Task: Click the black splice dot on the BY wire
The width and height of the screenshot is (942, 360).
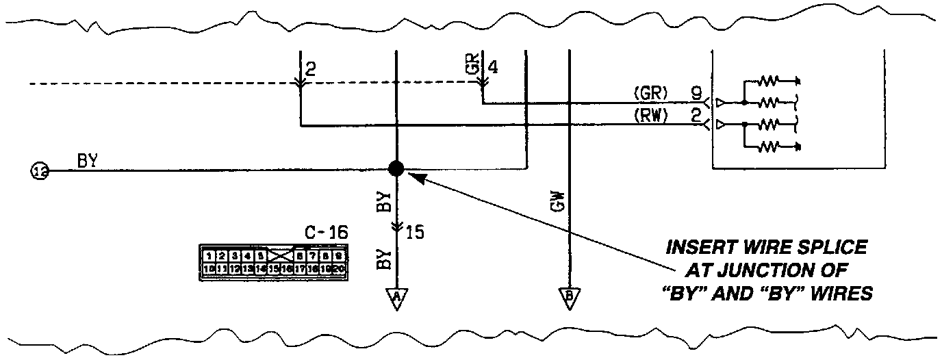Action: pos(396,168)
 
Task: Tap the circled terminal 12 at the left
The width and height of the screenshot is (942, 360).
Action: pos(40,170)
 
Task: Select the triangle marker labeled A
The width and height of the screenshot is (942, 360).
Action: pos(396,298)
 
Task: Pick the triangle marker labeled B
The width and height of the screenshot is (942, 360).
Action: pos(568,298)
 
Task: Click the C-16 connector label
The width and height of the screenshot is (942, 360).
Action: pos(327,233)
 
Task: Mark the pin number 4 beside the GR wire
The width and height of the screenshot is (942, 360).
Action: pos(494,68)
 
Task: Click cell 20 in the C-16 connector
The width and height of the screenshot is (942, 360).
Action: pos(339,269)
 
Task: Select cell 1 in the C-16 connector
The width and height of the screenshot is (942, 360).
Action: pos(209,255)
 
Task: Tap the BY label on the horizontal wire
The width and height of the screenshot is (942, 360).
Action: pos(87,162)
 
